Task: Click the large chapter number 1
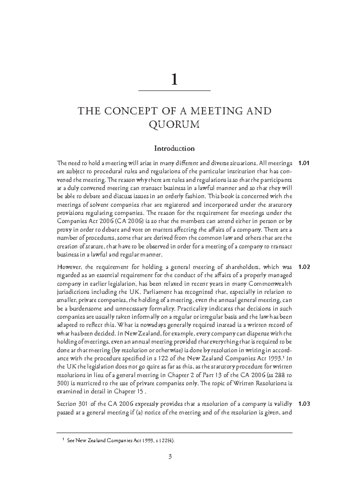[x=174, y=80]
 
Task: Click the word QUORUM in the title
[x=174, y=124]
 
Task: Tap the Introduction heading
[x=174, y=148]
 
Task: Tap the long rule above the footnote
[x=174, y=433]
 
